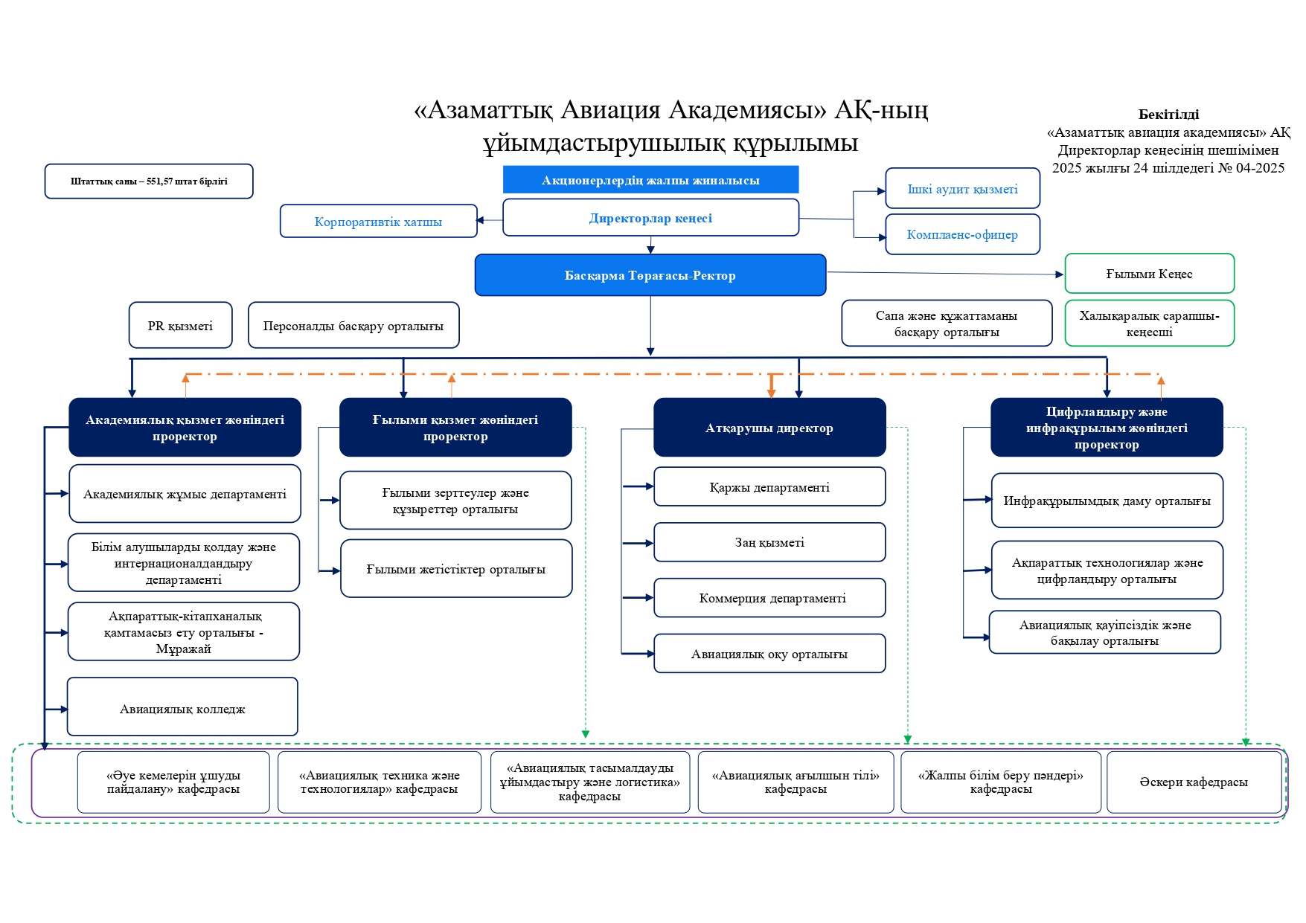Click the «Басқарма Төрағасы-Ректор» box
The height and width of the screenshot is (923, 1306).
(650, 275)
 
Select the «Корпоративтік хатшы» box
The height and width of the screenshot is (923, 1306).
(378, 222)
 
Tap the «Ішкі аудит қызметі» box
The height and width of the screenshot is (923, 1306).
(962, 189)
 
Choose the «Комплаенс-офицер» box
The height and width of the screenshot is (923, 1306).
(962, 234)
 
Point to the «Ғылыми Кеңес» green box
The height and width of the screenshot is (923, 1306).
(1149, 274)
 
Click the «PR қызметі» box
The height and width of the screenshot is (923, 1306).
(180, 326)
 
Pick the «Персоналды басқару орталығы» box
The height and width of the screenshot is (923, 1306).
(353, 326)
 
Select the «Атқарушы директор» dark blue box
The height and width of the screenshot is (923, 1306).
(769, 428)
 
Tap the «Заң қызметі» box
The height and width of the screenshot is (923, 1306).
(769, 542)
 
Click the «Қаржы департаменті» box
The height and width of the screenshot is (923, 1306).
(769, 487)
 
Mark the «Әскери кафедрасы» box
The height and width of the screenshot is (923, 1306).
(1194, 782)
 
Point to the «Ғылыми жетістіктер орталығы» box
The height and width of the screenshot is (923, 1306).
(456, 569)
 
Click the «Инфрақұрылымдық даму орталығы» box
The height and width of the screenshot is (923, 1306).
(1107, 501)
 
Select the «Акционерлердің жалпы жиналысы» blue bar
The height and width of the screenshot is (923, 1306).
(650, 180)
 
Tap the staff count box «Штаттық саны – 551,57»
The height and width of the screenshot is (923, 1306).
(149, 181)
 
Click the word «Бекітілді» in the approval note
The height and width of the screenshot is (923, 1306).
(1168, 115)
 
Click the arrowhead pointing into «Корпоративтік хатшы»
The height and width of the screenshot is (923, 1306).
(481, 220)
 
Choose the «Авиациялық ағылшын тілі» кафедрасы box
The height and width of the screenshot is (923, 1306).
(796, 782)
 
